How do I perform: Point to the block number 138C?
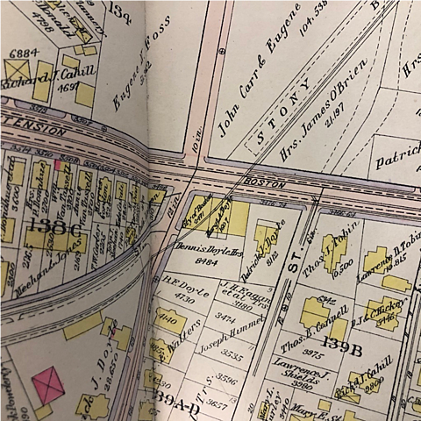(47, 227)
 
